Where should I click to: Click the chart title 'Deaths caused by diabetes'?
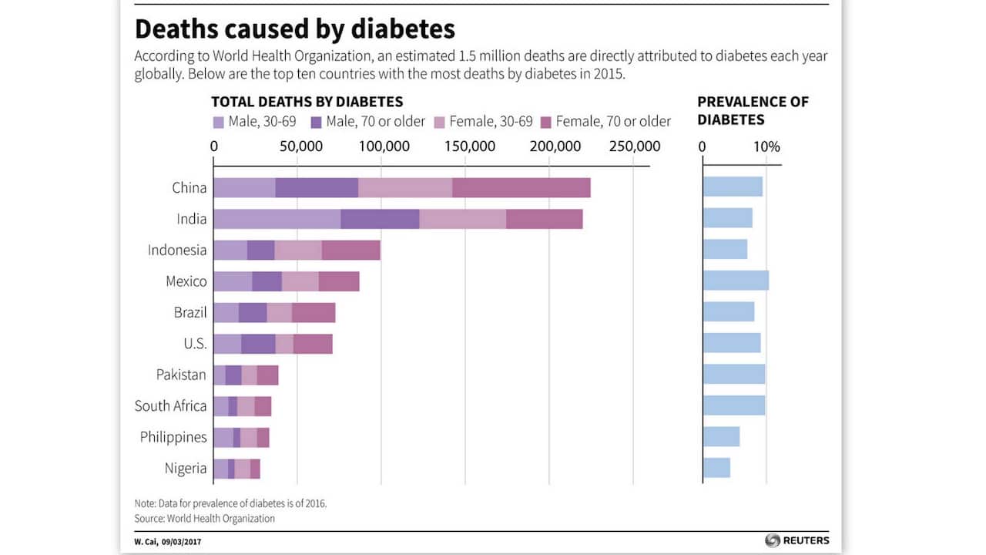click(294, 29)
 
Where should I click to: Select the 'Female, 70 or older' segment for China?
click(521, 188)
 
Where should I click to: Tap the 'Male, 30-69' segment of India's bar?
click(277, 219)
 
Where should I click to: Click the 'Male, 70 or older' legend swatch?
click(316, 122)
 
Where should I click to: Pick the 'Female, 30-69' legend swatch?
click(440, 122)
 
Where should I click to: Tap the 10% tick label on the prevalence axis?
click(766, 146)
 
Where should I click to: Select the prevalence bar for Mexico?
click(736, 281)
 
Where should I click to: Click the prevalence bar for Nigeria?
click(716, 468)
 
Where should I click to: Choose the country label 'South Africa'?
click(170, 405)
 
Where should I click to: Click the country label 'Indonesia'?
click(177, 250)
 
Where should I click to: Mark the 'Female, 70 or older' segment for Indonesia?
click(350, 250)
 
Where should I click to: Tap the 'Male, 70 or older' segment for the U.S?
click(258, 344)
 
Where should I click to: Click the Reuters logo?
click(797, 540)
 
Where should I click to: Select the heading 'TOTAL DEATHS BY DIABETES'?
click(307, 102)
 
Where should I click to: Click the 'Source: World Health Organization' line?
click(204, 519)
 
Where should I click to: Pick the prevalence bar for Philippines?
click(721, 436)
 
